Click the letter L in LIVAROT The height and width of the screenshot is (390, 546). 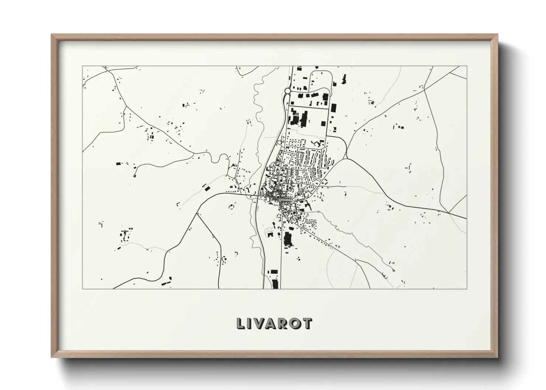[241, 324]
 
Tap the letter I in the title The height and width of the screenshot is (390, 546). [251, 324]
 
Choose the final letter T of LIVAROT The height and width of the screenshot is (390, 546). [308, 324]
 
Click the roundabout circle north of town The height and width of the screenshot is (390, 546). [287, 90]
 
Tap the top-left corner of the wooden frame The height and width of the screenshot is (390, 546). [52, 35]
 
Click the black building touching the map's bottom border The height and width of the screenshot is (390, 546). [274, 284]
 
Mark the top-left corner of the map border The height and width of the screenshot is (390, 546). [82, 66]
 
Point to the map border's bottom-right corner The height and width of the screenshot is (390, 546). [467, 289]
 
